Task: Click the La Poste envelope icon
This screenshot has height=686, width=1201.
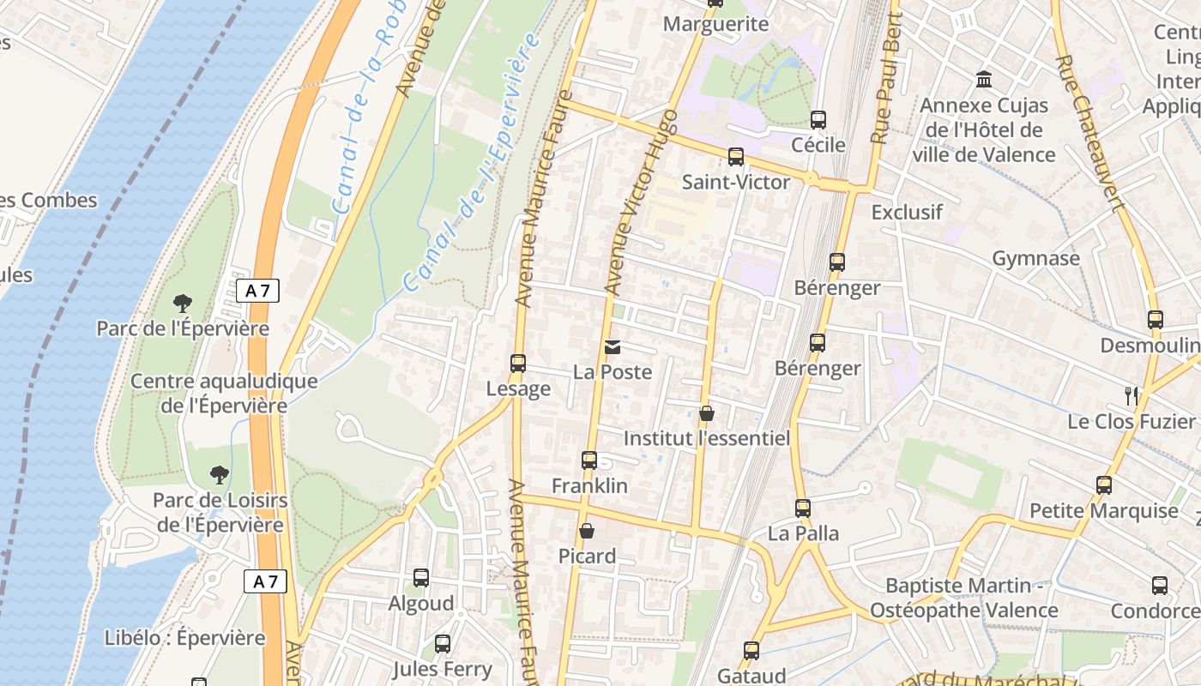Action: pos(613,347)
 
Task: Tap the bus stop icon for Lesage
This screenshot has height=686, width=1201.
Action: pos(517,364)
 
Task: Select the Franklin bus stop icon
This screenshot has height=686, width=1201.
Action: pos(589,460)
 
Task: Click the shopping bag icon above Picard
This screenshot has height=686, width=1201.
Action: pos(587,532)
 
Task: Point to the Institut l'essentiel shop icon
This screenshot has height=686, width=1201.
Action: pos(707,414)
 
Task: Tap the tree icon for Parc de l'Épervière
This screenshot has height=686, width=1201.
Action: pos(182,303)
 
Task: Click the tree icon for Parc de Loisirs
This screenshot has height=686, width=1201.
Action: pos(220,474)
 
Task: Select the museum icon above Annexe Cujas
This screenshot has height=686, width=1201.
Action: pos(984,80)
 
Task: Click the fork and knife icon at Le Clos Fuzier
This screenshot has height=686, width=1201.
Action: pos(1132,395)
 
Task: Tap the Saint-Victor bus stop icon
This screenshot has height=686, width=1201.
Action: pos(735,157)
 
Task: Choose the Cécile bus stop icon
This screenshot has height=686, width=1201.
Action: pos(818,120)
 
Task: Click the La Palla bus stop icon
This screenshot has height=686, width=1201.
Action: pos(803,508)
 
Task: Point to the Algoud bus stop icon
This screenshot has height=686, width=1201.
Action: pos(420,578)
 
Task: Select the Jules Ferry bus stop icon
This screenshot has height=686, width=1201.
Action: pos(443,644)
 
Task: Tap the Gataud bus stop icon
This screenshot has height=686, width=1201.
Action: pos(751,651)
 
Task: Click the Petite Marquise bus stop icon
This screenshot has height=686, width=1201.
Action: pos(1104,485)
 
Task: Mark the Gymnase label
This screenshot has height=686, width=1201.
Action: pos(1035,258)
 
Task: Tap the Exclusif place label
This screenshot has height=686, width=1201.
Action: pos(907,212)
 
